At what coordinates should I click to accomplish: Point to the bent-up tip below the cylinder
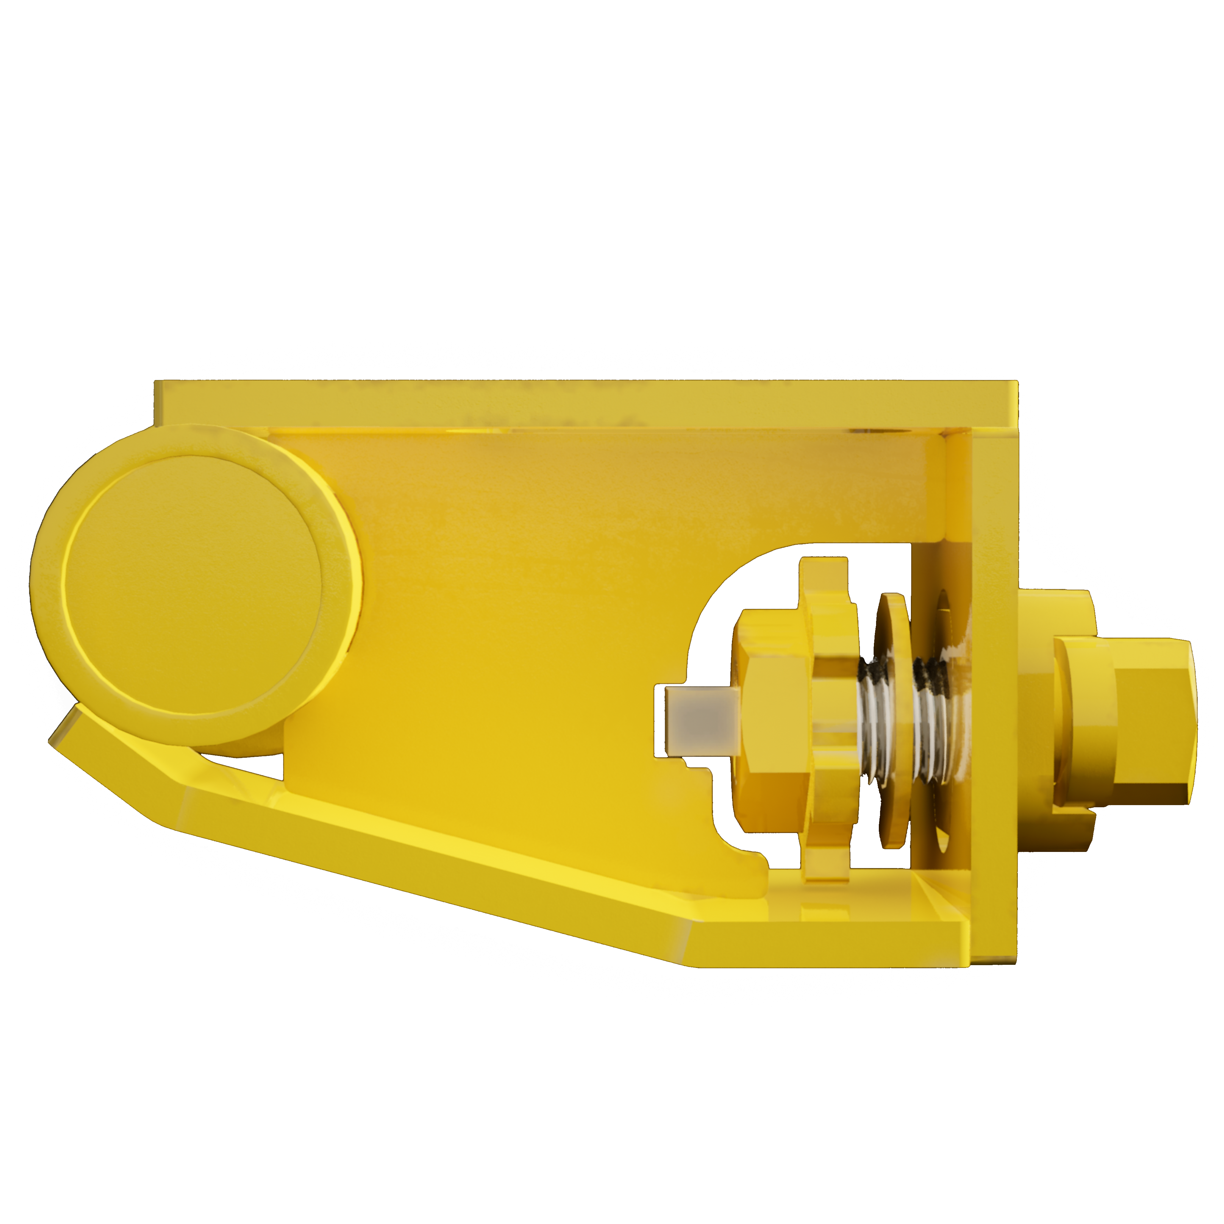pos(70,729)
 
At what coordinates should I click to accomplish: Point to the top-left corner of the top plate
pos(159,383)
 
